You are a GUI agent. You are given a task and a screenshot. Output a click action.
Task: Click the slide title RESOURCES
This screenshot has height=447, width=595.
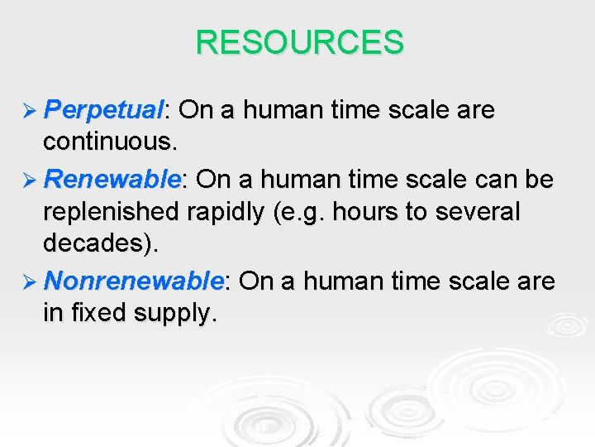click(299, 42)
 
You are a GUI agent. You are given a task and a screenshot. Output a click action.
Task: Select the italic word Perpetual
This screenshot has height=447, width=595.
click(104, 110)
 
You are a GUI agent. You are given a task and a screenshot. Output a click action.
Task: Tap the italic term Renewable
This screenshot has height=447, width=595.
click(112, 180)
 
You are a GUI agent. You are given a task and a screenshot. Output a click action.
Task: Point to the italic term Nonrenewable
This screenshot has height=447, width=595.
click(133, 281)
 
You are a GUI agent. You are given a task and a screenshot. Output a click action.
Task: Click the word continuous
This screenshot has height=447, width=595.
click(109, 143)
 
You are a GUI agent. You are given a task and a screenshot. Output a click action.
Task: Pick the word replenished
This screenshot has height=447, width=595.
click(112, 213)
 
